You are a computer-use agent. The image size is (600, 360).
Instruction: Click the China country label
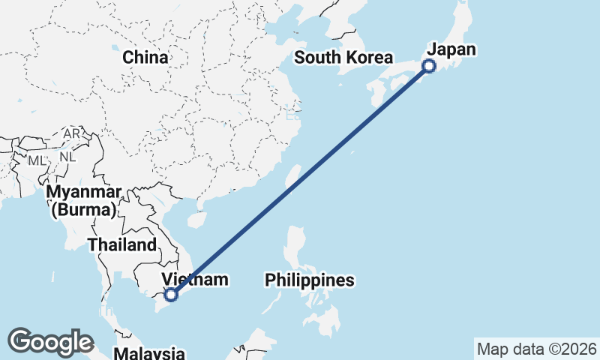tap(145, 57)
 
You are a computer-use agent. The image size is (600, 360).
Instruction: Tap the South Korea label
tap(343, 58)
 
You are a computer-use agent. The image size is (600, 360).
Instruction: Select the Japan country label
tap(451, 50)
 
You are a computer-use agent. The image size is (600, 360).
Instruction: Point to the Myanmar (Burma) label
tap(83, 201)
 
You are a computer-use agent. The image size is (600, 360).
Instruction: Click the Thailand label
tap(121, 244)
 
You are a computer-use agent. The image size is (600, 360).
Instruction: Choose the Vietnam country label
tap(194, 280)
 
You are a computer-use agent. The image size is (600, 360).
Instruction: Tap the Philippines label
tap(309, 280)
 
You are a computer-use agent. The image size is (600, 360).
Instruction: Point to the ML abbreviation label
tap(37, 160)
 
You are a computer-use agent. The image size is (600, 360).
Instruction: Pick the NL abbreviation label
tap(67, 157)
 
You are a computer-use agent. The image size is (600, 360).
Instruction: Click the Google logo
tap(50, 341)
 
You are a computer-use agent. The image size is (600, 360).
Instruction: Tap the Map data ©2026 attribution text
tap(537, 349)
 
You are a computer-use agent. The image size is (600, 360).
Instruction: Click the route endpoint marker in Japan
tap(429, 66)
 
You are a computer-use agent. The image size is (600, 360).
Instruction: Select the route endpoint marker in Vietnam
tap(171, 295)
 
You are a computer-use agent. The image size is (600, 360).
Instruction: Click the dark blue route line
tap(300, 180)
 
